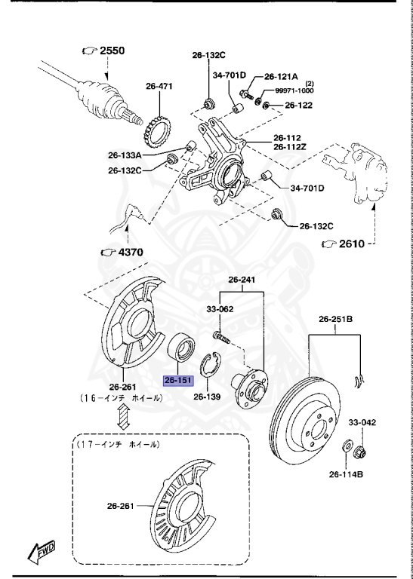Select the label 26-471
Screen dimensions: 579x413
tap(159, 87)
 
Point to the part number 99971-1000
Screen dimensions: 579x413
tap(293, 90)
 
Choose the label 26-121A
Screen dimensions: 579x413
tap(281, 77)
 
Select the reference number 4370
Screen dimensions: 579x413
tap(125, 253)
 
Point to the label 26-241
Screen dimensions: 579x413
tap(242, 280)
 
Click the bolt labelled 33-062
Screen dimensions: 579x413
tap(217, 332)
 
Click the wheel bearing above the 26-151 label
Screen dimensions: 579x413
tap(182, 348)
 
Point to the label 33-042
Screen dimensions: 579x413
tap(362, 423)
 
